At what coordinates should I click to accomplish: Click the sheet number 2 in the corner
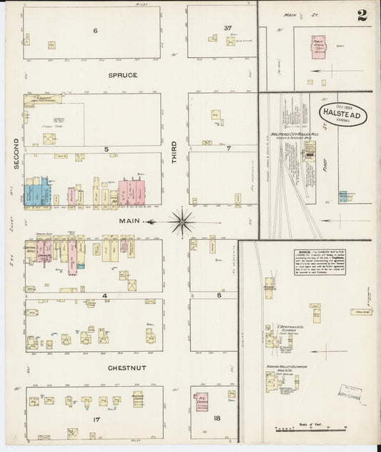coord(362,15)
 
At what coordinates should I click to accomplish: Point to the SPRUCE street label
coord(122,74)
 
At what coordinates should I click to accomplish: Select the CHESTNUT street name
coord(127,368)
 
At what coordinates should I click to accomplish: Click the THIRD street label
coord(174,152)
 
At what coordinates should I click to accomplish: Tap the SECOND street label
coord(16,154)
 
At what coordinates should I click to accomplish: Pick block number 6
coord(94,30)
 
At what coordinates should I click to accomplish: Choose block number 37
coord(227,29)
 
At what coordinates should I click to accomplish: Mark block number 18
coord(227,416)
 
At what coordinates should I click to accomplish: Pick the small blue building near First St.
coord(345,195)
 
